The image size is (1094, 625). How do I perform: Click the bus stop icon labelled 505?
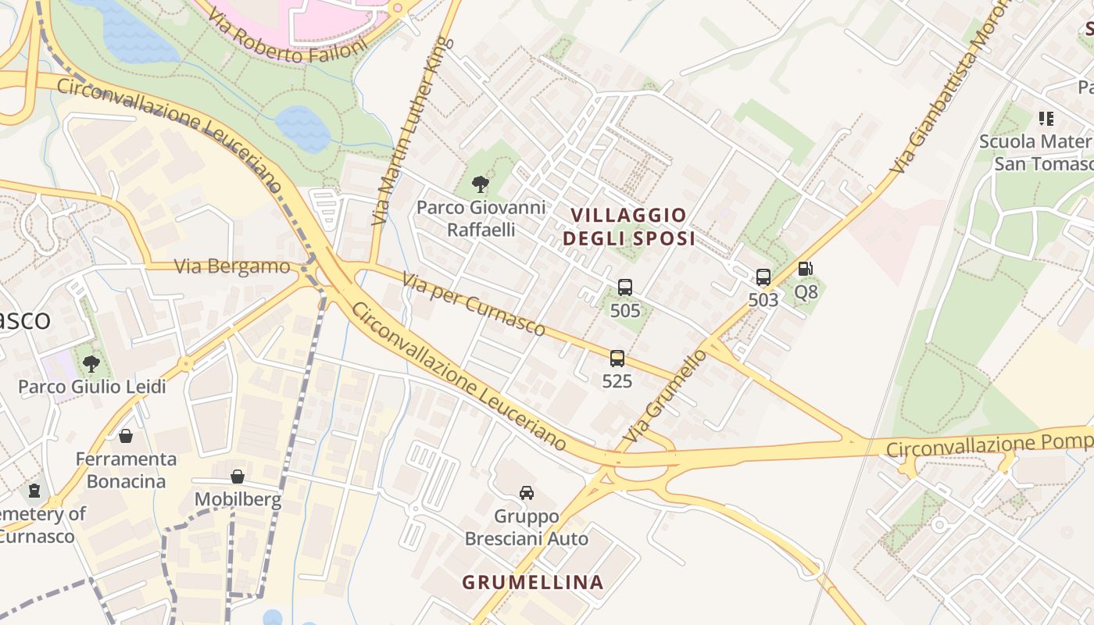point(624,287)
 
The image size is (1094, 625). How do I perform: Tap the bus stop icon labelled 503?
point(763,277)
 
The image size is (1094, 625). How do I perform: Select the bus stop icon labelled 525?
point(617,359)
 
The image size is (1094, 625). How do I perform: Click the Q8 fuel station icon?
point(806,270)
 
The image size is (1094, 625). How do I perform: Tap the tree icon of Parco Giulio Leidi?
point(91,363)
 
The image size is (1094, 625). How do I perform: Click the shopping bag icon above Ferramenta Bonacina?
point(126,436)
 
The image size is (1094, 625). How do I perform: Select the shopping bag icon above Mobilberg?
point(238,477)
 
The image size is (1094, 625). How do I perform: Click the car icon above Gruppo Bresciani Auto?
point(527,493)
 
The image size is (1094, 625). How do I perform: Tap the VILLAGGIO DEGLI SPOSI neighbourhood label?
point(629,227)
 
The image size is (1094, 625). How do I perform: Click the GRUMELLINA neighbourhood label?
point(533,582)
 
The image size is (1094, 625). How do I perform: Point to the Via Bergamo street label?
point(232,266)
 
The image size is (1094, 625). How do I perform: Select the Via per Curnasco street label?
point(474,304)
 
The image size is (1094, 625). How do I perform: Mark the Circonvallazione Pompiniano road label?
point(989,445)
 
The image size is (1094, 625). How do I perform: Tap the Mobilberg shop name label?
point(238,500)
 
